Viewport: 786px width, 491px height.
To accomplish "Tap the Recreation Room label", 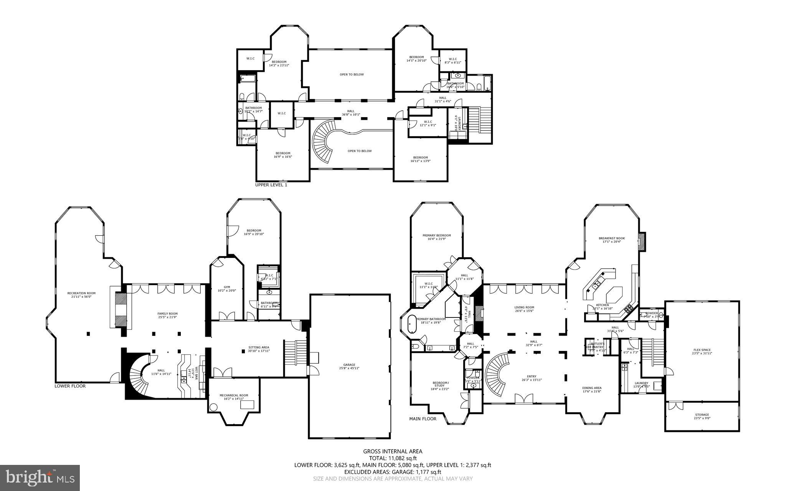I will point(81,295).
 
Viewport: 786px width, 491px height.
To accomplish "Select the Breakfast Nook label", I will point(612,240).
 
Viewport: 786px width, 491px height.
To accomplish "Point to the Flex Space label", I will point(702,351).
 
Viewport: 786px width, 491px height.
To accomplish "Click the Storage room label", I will point(702,416).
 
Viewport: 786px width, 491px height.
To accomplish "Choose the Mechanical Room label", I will point(234,397).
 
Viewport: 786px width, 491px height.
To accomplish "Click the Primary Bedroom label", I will point(436,237).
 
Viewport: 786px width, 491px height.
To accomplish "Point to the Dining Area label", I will point(592,389).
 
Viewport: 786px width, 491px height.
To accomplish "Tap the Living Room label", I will point(524,309).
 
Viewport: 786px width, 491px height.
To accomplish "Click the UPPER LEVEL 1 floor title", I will point(271,185).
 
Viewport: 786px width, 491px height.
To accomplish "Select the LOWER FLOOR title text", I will point(70,386).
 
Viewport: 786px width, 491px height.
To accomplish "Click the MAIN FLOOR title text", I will point(423,419).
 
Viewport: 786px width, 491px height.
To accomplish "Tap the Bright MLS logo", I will point(40,478).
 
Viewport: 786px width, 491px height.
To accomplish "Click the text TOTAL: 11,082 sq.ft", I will point(393,458).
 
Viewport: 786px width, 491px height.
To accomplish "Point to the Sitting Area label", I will point(258,349).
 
